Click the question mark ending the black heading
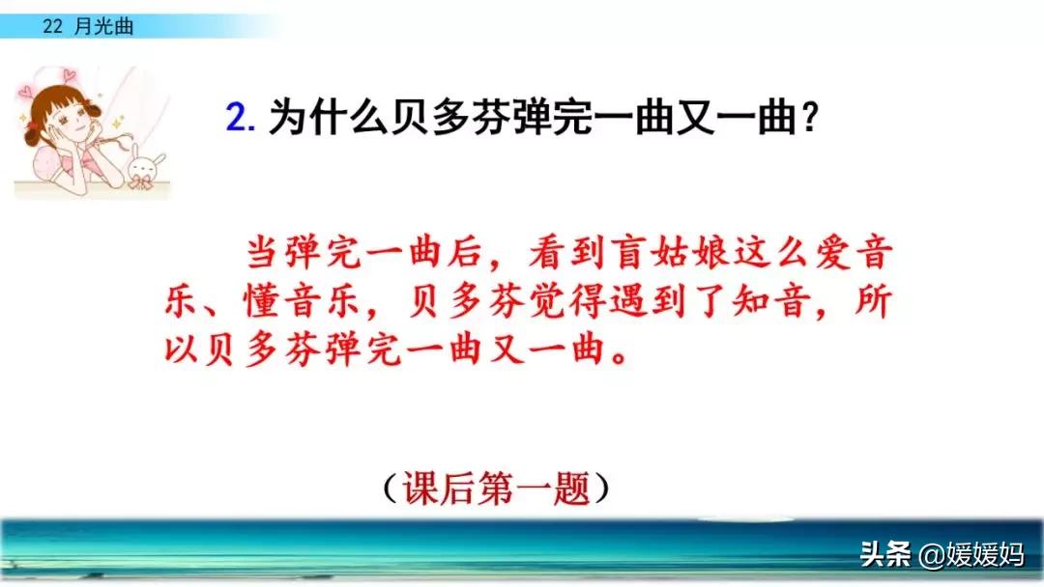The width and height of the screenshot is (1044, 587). [810, 117]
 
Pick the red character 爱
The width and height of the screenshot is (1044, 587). [832, 253]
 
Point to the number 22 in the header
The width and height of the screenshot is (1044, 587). [52, 27]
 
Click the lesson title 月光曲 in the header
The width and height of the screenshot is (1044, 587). [103, 27]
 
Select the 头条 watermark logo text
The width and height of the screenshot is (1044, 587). [884, 554]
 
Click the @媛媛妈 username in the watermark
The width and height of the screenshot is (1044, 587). [971, 554]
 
